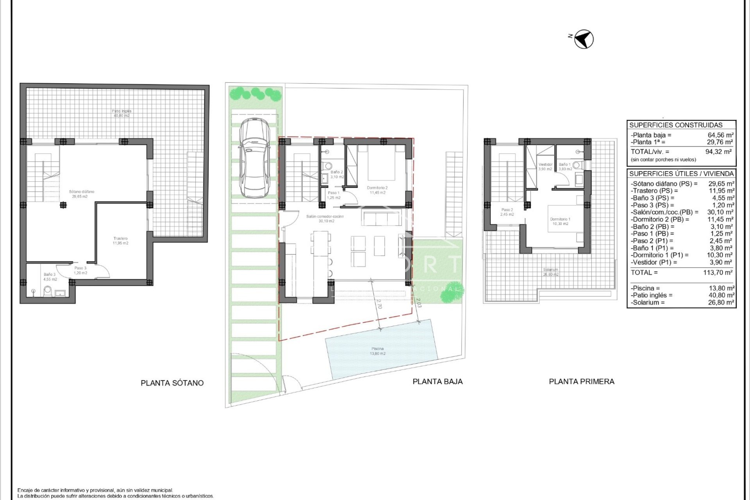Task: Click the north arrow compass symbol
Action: [584, 39]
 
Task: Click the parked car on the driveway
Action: [254, 158]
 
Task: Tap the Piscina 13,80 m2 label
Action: [377, 351]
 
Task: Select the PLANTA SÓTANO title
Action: [172, 383]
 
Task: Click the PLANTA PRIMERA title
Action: [581, 382]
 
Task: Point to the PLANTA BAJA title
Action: [437, 382]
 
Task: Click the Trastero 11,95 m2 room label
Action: [120, 241]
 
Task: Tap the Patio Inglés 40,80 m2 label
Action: [121, 113]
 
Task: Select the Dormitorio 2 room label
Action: [377, 190]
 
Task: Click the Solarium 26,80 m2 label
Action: [550, 272]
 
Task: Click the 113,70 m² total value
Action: [718, 273]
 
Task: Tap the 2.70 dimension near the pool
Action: [379, 304]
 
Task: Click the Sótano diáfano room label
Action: [81, 194]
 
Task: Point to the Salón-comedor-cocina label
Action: [325, 218]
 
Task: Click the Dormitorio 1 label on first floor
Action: [560, 221]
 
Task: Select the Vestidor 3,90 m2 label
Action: [545, 167]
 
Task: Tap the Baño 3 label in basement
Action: [50, 277]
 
